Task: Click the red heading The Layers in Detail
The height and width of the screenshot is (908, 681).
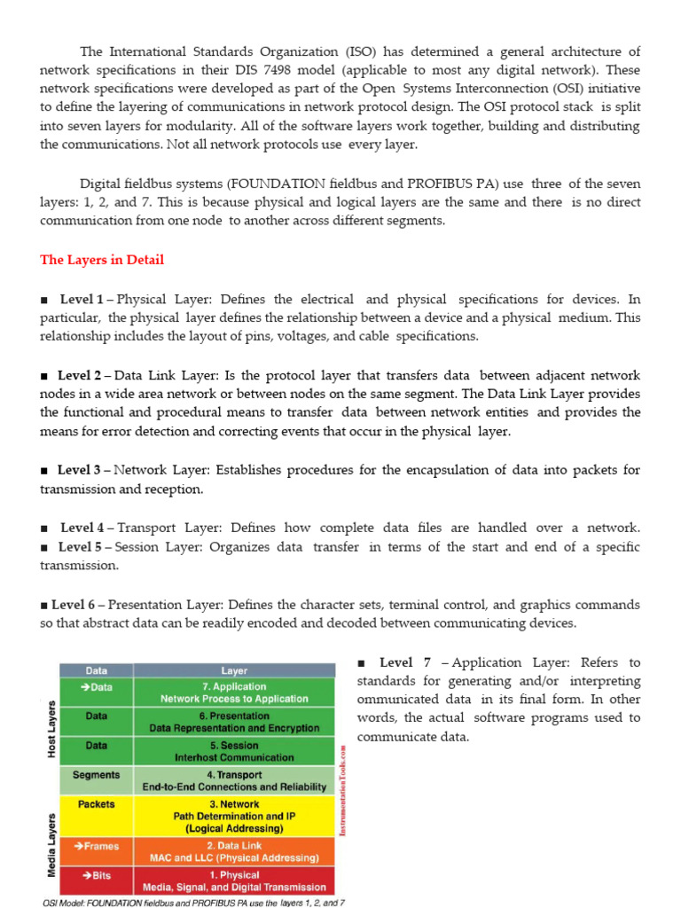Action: (102, 260)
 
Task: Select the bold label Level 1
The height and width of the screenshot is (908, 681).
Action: (81, 299)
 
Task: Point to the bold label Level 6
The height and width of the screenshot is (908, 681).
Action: (73, 605)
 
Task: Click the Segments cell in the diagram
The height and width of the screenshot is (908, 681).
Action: (96, 775)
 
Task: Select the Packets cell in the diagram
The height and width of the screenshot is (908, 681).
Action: (96, 804)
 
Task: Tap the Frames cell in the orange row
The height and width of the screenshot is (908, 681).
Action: (96, 846)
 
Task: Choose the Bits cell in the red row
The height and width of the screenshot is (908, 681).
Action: (96, 875)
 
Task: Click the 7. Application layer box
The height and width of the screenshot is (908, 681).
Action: (234, 693)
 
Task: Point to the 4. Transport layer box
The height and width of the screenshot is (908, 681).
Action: (234, 780)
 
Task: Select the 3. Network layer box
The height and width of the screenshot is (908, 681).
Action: (234, 816)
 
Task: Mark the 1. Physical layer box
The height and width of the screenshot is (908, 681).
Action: (234, 881)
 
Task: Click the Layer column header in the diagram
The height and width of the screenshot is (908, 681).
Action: (234, 671)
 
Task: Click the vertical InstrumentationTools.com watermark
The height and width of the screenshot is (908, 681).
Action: (342, 789)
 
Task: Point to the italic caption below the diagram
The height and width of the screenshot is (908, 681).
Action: (193, 902)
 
